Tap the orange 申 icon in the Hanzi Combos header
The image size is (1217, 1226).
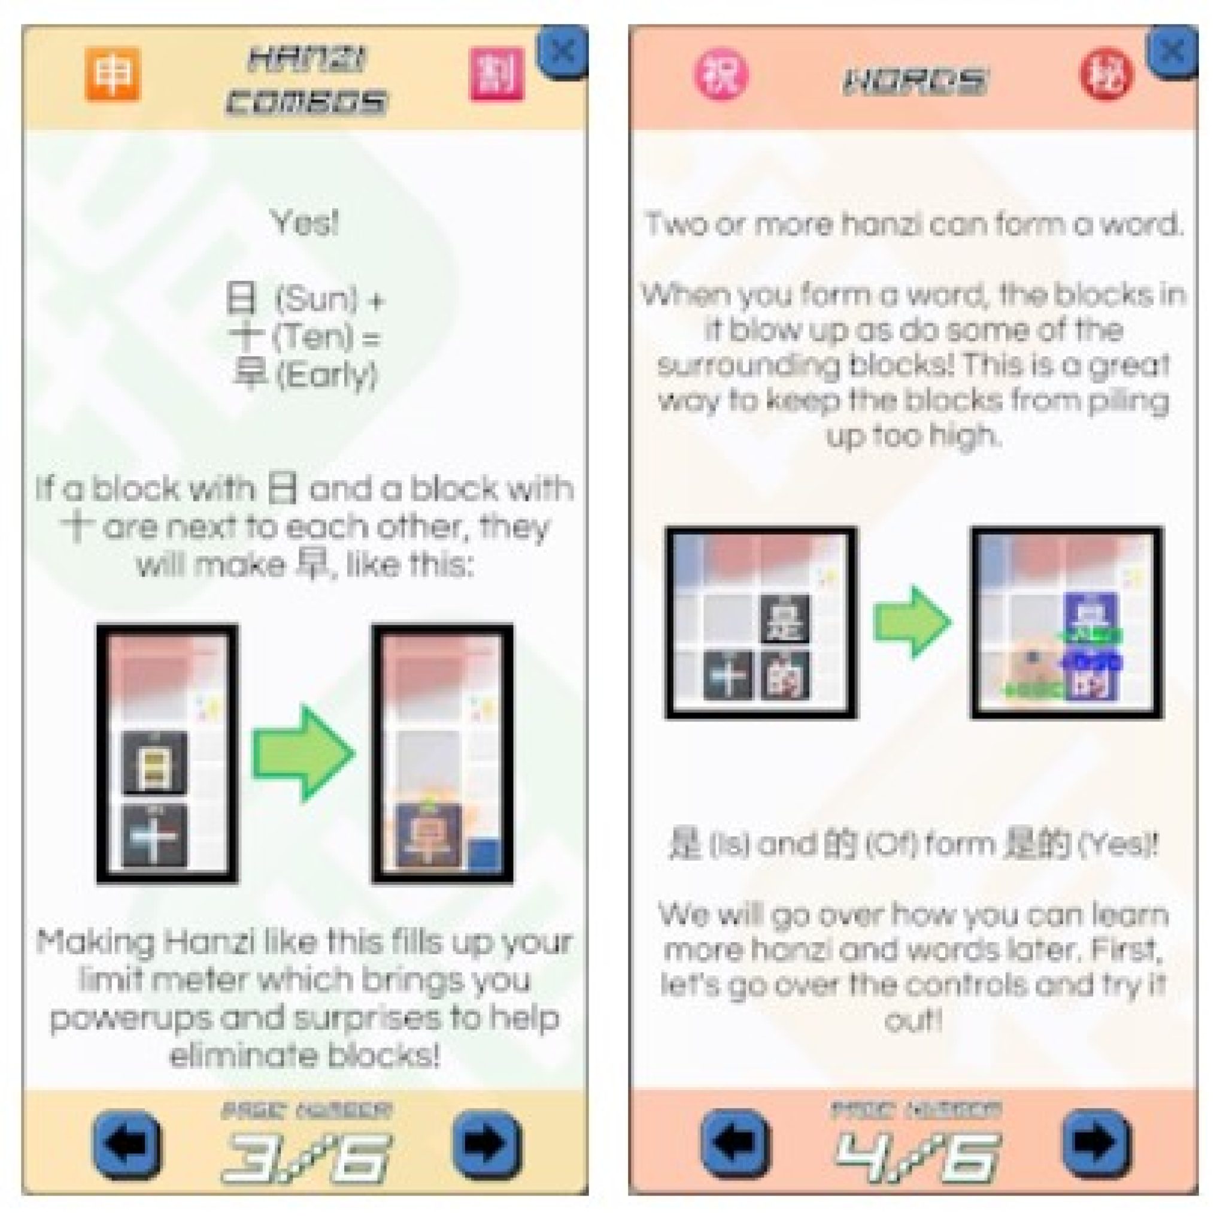coord(113,74)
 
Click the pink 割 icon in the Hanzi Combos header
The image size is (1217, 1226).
coord(496,74)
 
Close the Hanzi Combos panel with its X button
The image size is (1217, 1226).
coord(562,52)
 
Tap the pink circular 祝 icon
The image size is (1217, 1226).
coord(721,75)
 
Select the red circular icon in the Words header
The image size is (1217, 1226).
coord(1106,75)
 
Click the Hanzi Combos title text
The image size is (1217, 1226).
coord(306,81)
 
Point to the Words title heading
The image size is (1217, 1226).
coord(913,81)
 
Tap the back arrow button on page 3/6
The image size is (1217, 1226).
coord(127,1143)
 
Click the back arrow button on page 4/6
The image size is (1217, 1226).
coord(736,1143)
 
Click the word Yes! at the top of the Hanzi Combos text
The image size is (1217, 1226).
coord(305,223)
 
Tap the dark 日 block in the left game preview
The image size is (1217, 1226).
coord(154,762)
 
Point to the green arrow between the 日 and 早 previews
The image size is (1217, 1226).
coord(304,754)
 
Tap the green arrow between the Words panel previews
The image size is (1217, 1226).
coord(912,622)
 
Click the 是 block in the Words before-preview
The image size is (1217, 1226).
coord(784,619)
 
